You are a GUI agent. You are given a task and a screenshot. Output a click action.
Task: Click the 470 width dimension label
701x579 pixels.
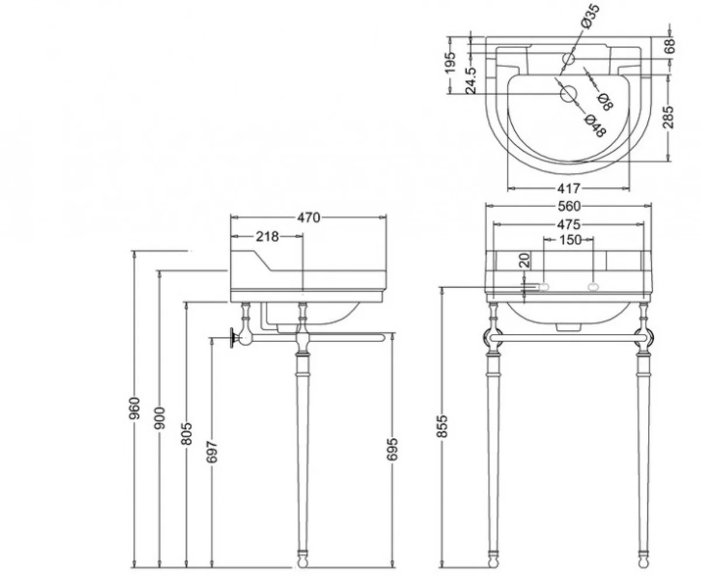[x=308, y=217]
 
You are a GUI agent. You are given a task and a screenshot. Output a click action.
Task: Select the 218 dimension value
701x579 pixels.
[x=267, y=236]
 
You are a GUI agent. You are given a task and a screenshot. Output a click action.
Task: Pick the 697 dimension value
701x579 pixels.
[x=211, y=452]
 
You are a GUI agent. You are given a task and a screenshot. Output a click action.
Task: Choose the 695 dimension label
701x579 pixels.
[x=392, y=448]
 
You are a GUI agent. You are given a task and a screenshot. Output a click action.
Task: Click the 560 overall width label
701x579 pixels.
[x=569, y=205]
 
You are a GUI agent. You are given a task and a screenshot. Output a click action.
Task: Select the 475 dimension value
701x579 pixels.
[x=568, y=224]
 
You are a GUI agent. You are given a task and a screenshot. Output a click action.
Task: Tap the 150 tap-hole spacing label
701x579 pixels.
[x=570, y=239]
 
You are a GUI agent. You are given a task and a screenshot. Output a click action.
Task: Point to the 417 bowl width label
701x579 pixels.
[x=568, y=188]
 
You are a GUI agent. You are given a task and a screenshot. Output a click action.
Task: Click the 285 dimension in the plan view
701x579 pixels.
[x=669, y=117]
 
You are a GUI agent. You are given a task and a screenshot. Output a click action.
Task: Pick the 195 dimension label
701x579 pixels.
[x=450, y=63]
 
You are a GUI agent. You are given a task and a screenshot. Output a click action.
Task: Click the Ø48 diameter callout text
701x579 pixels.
[x=594, y=126]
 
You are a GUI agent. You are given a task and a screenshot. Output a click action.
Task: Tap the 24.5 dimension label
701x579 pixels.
[x=471, y=80]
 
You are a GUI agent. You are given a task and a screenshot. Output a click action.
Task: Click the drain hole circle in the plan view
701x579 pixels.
[x=568, y=93]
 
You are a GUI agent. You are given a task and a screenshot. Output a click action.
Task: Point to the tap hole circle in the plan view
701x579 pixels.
[x=568, y=58]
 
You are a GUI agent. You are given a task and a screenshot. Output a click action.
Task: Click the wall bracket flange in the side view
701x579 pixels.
[x=234, y=337]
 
